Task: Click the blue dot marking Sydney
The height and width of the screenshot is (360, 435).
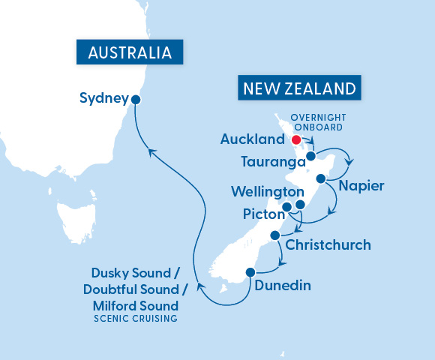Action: point(136,98)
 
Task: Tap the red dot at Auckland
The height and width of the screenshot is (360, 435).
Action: point(295,139)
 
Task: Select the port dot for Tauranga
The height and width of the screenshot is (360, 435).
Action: point(310,156)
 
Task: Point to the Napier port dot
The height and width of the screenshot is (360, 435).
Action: point(321,178)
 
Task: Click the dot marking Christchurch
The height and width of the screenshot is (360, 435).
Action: point(275,235)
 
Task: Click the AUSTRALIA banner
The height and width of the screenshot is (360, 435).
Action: point(130,53)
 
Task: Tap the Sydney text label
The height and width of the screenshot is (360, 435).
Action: point(103,97)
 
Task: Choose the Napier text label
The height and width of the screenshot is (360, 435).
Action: point(361,185)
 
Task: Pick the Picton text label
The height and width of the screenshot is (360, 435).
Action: point(262,214)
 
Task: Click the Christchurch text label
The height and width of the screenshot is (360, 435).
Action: point(328,245)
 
